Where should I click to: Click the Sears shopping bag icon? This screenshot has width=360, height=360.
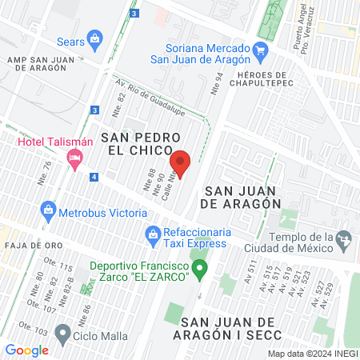(95, 38)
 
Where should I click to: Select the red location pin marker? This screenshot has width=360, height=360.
(181, 164)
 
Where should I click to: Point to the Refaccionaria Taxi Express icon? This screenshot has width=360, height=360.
(151, 234)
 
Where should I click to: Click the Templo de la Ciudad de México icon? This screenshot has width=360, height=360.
(344, 238)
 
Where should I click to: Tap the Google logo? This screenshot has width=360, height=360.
(26, 350)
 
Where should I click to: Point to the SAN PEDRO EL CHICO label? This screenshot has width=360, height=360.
(137, 144)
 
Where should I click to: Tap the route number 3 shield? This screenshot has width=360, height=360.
(94, 110)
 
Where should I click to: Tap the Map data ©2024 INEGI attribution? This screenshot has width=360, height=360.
(312, 354)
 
